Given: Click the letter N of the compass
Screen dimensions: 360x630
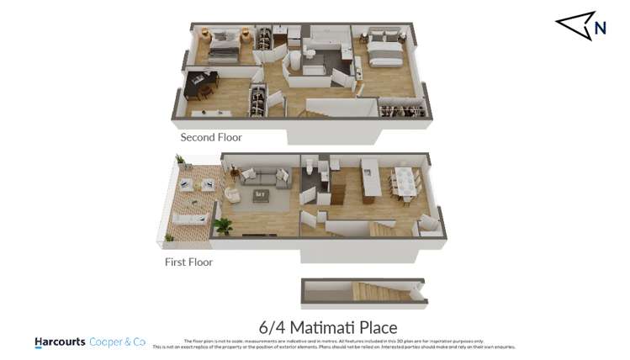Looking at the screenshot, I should [x=600, y=29].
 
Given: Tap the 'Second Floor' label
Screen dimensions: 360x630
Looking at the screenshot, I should [x=211, y=137].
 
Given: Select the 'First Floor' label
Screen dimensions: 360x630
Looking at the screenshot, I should [x=188, y=262].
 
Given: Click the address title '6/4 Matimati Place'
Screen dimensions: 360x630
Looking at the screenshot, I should [x=326, y=326].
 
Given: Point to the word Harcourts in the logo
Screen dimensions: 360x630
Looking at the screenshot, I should [x=60, y=342].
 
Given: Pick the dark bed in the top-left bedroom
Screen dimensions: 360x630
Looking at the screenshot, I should [x=223, y=50].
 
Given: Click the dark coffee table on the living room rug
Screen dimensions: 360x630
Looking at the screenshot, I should [x=261, y=195].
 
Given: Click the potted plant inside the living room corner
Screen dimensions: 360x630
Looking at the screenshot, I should [x=224, y=225].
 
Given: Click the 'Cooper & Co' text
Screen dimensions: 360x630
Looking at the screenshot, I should [x=118, y=342].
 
